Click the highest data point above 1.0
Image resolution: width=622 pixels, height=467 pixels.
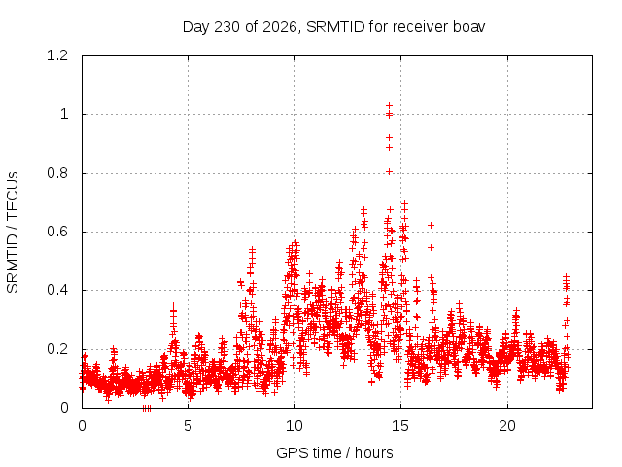click(x=389, y=106)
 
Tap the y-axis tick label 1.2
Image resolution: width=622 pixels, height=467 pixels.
click(x=57, y=55)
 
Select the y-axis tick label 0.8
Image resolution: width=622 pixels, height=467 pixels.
click(x=57, y=173)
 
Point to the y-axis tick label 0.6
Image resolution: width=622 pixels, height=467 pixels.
click(x=57, y=232)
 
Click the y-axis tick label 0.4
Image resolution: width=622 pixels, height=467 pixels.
click(x=57, y=290)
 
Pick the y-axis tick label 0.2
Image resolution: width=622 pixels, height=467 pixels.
click(x=57, y=349)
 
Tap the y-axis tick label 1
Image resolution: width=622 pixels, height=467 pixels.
click(x=64, y=115)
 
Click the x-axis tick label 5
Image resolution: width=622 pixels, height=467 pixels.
click(x=188, y=426)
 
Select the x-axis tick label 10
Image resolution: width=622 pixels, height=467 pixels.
click(x=294, y=426)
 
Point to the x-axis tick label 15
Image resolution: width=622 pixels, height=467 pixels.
click(x=400, y=426)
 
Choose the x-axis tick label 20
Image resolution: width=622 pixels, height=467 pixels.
click(x=507, y=426)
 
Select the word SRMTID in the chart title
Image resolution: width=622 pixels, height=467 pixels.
click(x=335, y=27)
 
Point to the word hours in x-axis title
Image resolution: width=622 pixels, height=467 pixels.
click(x=373, y=453)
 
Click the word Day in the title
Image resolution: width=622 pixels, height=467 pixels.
click(x=195, y=28)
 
